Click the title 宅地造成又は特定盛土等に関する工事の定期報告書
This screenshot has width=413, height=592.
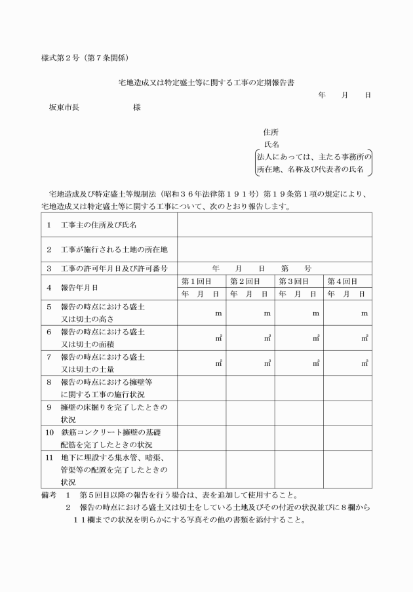206,83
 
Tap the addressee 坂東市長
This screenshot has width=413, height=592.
64,107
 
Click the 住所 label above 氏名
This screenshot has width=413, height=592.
270,131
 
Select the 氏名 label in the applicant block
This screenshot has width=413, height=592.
271,144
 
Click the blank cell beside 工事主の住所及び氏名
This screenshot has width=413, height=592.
274,225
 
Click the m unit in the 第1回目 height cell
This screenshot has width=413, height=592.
218,313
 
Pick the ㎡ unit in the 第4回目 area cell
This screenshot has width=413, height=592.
364,338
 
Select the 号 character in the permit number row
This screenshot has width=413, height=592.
308,268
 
